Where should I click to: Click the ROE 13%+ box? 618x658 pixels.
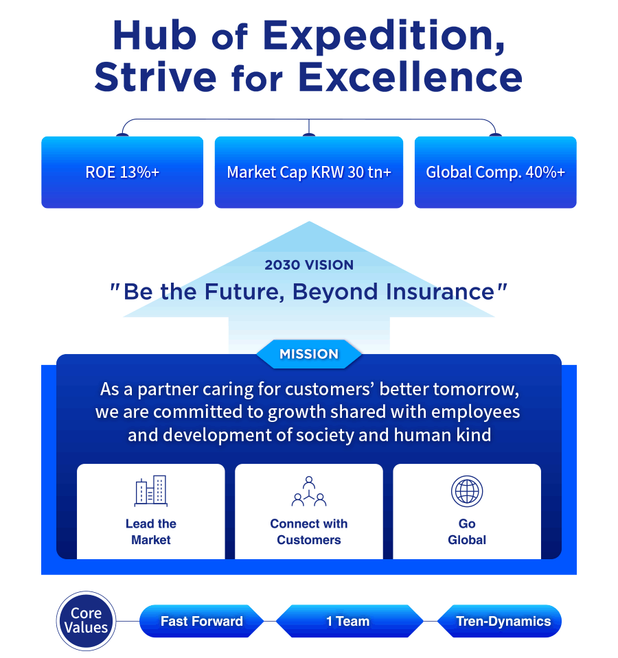(122, 172)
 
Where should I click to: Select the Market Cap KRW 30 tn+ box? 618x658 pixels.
(308, 172)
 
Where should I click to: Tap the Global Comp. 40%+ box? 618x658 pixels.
(495, 172)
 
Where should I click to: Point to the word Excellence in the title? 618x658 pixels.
(410, 78)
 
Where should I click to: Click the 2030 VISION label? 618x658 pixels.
(309, 265)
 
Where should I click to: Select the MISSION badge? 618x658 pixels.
(309, 354)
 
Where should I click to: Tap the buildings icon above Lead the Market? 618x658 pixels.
(150, 491)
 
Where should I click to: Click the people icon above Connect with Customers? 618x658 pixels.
(309, 491)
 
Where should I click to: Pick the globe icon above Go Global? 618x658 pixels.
(467, 491)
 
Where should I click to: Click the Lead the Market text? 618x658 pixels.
(150, 532)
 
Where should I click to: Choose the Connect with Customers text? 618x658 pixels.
(309, 532)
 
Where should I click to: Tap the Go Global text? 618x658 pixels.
(467, 532)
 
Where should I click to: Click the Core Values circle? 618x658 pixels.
(86, 621)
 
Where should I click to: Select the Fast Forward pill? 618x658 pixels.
(201, 621)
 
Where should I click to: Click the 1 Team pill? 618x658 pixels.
(348, 621)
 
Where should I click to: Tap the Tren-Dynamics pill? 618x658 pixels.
(500, 621)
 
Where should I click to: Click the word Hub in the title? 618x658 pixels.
(154, 35)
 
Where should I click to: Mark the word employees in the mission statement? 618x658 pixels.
(476, 412)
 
